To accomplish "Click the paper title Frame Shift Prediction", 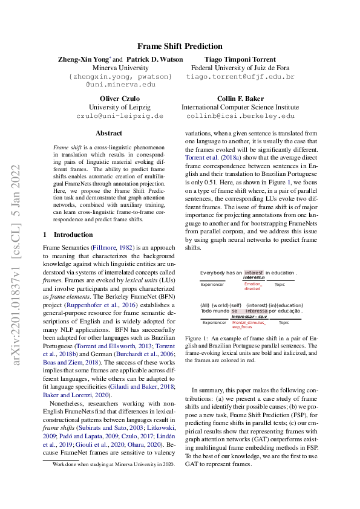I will pyautogui.click(x=180, y=47).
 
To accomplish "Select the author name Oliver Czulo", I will pyautogui.click(x=120, y=98).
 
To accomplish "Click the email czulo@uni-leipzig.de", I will pyautogui.click(x=120, y=115).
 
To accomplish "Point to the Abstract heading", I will pyautogui.click(x=109, y=133).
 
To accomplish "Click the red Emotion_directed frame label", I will pyautogui.click(x=253, y=286).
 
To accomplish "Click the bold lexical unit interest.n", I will pyautogui.click(x=254, y=278).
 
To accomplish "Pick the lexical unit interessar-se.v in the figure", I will pyautogui.click(x=249, y=316).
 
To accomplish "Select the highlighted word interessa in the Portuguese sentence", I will pyautogui.click(x=257, y=311).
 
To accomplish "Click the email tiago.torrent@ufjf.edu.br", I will pyautogui.click(x=241, y=77).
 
